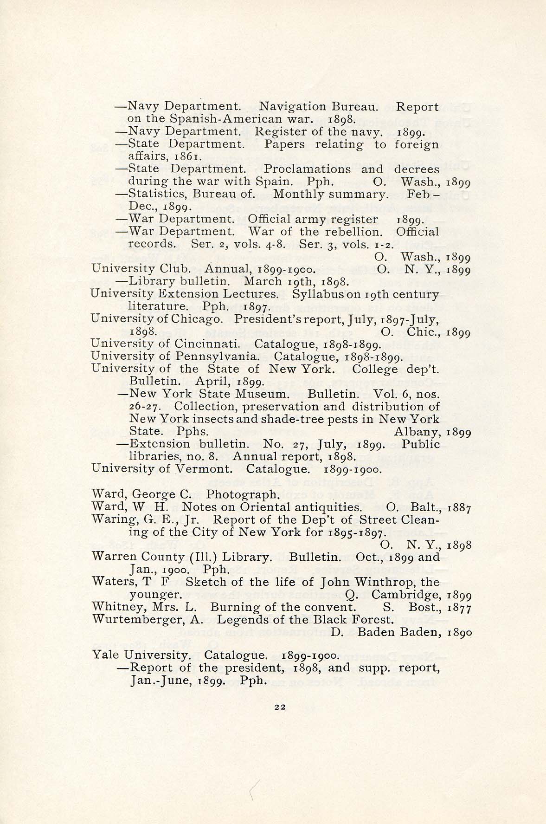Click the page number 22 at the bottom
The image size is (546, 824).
coord(279,720)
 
